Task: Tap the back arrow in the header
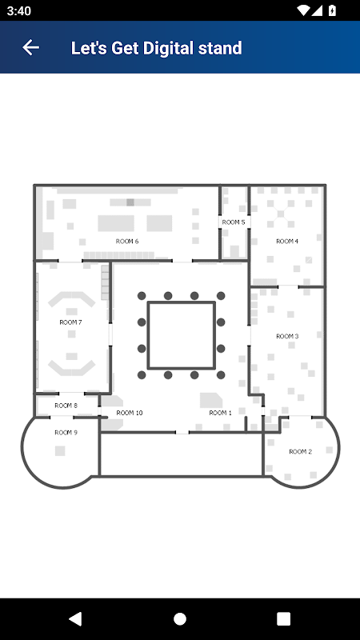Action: click(x=30, y=48)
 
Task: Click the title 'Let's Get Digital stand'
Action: click(x=156, y=48)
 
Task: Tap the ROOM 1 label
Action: click(x=221, y=413)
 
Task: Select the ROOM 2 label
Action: click(x=301, y=451)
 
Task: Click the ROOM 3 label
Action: click(x=287, y=336)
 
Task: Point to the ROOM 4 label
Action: click(x=287, y=242)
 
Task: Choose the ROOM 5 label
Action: click(x=234, y=222)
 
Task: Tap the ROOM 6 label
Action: click(x=127, y=242)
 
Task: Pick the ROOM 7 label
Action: click(x=70, y=322)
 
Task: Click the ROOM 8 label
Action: click(x=66, y=406)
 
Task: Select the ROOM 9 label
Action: click(x=66, y=433)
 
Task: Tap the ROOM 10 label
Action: click(x=130, y=413)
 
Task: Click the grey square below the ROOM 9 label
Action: click(x=60, y=450)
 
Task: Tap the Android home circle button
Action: click(x=180, y=618)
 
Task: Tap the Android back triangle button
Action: click(x=75, y=618)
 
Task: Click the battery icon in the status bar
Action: click(x=333, y=10)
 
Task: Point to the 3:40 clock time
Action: click(x=18, y=11)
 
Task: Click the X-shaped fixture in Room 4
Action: click(x=281, y=213)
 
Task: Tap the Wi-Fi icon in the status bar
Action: click(x=303, y=10)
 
